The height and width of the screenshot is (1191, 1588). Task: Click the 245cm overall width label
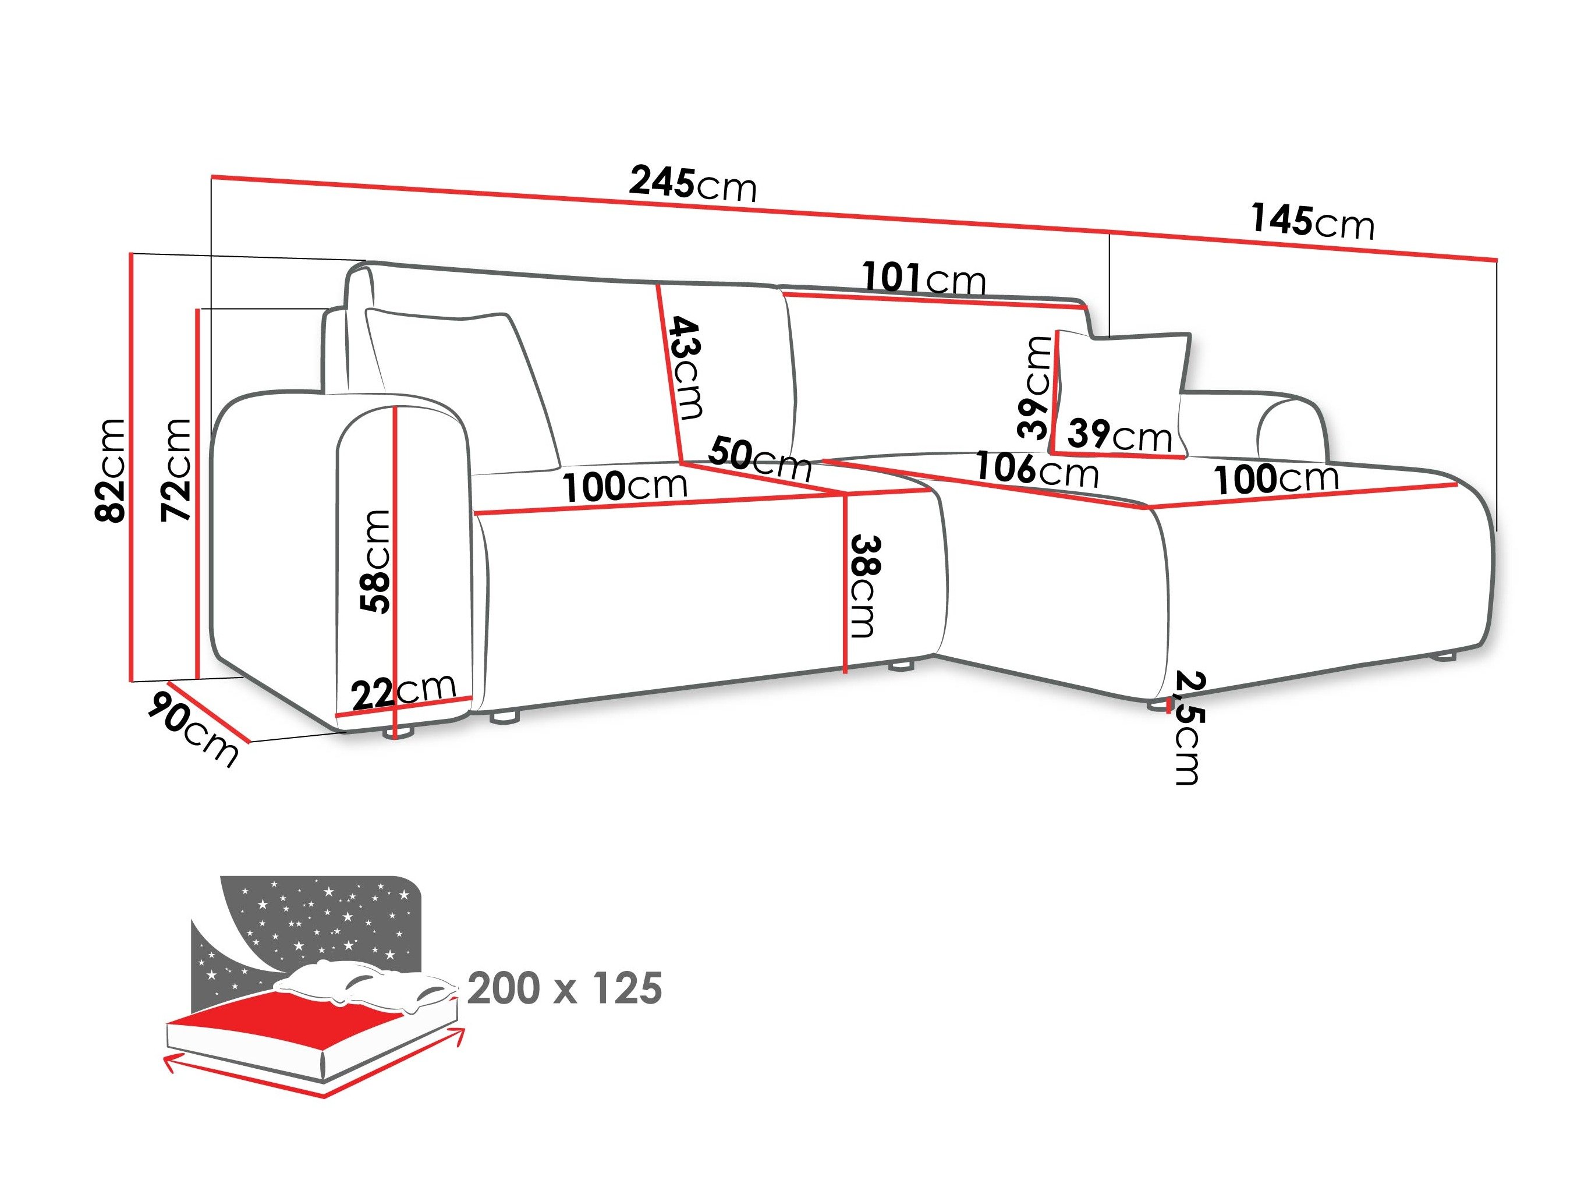(x=693, y=184)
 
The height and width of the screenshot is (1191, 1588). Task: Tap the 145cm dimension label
(x=1312, y=221)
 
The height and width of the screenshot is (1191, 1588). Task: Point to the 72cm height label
(x=176, y=470)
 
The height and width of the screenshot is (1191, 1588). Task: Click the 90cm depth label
(x=193, y=726)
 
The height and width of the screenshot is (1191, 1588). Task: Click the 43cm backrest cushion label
(x=686, y=367)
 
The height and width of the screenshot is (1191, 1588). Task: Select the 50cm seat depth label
(x=760, y=459)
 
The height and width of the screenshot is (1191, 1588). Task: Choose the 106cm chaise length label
(x=1037, y=470)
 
